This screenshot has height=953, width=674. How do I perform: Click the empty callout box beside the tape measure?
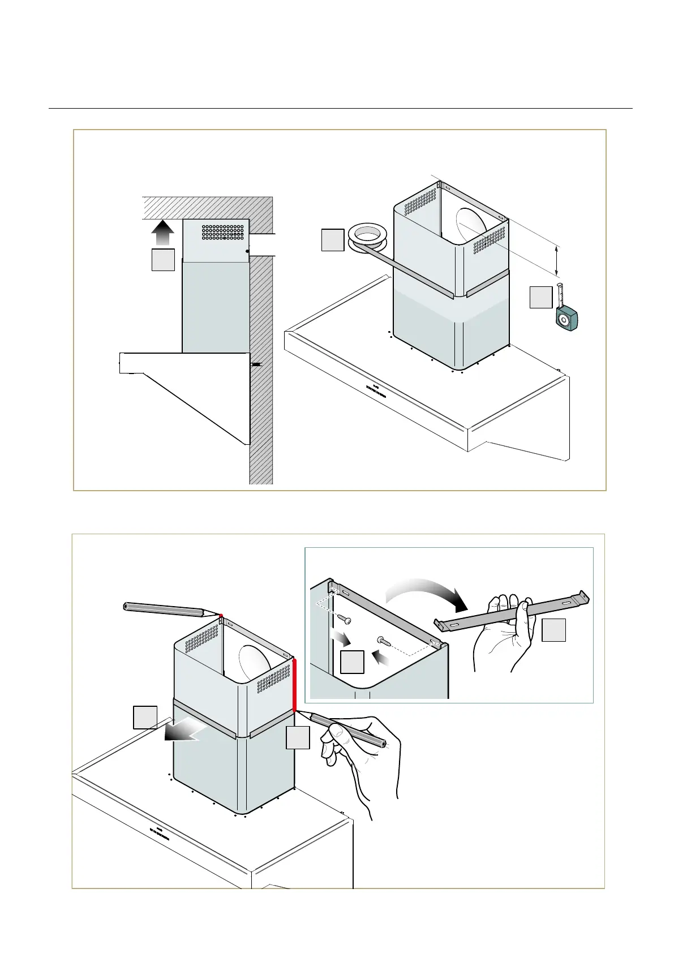click(x=540, y=298)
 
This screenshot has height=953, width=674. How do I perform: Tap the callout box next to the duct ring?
click(x=332, y=240)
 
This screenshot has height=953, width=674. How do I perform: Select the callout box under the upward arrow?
click(x=163, y=260)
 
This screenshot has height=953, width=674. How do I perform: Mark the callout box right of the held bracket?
click(x=553, y=630)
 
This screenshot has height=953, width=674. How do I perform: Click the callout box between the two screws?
click(x=352, y=662)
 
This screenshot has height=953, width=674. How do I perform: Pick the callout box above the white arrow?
click(x=145, y=717)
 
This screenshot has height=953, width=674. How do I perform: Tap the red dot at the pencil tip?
click(x=221, y=615)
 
